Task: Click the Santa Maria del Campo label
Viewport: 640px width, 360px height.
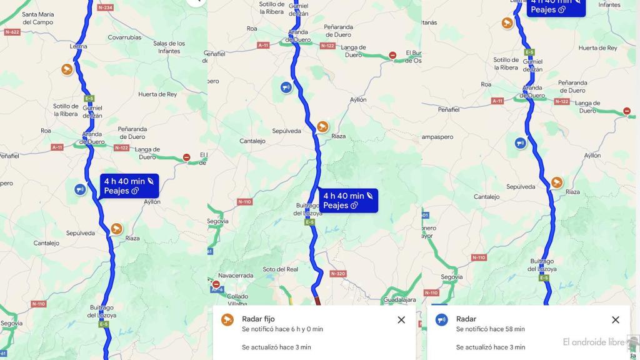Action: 37,18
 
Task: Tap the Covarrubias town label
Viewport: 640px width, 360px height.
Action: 126,37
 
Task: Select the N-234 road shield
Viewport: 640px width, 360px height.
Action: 105,7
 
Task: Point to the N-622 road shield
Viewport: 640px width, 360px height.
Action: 12,31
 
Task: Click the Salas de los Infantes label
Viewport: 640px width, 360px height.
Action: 169,47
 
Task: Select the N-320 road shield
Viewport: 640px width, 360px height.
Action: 337,274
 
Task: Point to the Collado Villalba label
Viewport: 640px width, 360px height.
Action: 237,300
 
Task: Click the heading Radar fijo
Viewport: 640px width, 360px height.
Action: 258,319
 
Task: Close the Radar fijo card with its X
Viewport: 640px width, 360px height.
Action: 401,320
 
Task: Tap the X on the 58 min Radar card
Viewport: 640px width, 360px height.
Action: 616,320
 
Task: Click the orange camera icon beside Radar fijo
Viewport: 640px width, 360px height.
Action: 227,320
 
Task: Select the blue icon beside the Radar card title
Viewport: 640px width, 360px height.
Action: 442,320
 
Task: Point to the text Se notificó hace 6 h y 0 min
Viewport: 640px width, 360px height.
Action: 282,329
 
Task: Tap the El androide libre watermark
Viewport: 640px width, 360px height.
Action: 594,342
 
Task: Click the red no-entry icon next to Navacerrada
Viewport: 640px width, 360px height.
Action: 216,284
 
